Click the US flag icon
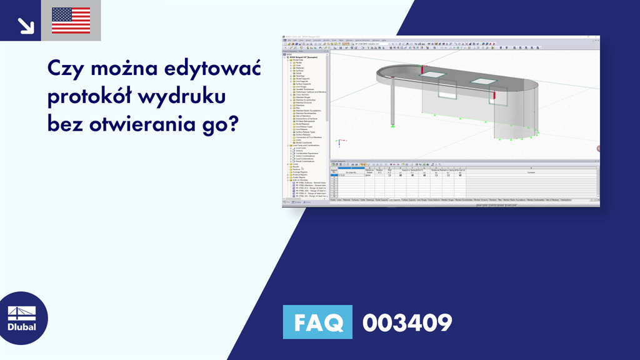point(71,21)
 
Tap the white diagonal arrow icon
point(26,25)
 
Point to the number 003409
point(407,323)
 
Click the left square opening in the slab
point(432,75)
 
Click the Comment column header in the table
point(531,172)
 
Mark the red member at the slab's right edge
point(495,95)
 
